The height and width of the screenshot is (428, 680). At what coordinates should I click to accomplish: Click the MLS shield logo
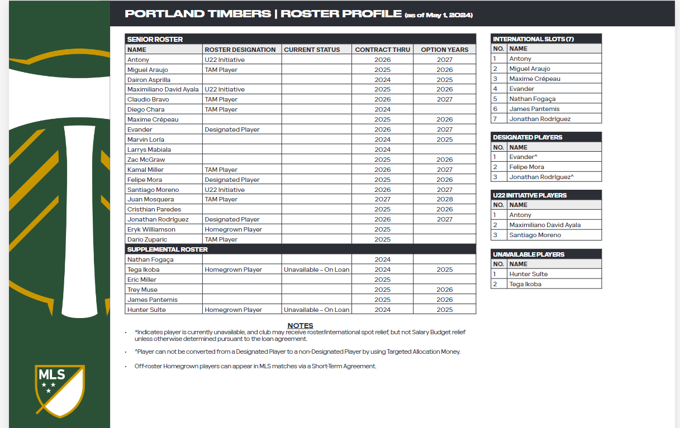(x=59, y=391)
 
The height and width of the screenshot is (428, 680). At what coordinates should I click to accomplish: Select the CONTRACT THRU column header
(x=382, y=50)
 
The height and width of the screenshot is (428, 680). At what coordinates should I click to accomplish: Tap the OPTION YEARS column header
(x=445, y=50)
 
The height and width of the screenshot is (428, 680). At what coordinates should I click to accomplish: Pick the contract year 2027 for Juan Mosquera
(x=382, y=199)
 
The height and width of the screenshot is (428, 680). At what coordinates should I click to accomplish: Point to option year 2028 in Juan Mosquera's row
(x=445, y=199)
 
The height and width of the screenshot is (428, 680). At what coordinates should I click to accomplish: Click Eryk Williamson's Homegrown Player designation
(x=233, y=229)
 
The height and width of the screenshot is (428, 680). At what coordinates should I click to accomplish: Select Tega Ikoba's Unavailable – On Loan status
(x=316, y=270)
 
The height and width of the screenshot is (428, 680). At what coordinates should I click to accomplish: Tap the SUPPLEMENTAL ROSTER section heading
(x=167, y=249)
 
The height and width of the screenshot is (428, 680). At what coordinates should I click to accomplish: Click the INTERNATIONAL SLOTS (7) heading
(x=533, y=39)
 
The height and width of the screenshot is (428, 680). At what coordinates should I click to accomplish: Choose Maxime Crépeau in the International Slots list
(x=534, y=79)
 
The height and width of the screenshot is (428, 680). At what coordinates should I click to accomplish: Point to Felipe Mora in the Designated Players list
(x=526, y=167)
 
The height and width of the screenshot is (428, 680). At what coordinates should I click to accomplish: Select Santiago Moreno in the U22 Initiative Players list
(x=535, y=235)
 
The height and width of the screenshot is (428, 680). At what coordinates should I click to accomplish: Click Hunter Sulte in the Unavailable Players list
(x=528, y=274)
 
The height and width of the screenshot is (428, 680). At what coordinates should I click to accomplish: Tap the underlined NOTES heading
(x=300, y=325)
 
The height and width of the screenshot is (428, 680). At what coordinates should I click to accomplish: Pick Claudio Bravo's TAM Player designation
(x=221, y=99)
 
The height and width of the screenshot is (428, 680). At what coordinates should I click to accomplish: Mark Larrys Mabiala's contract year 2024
(x=382, y=150)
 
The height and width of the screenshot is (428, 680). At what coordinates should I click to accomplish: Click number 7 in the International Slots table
(x=494, y=119)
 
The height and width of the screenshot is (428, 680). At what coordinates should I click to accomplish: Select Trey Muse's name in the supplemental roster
(x=142, y=290)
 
